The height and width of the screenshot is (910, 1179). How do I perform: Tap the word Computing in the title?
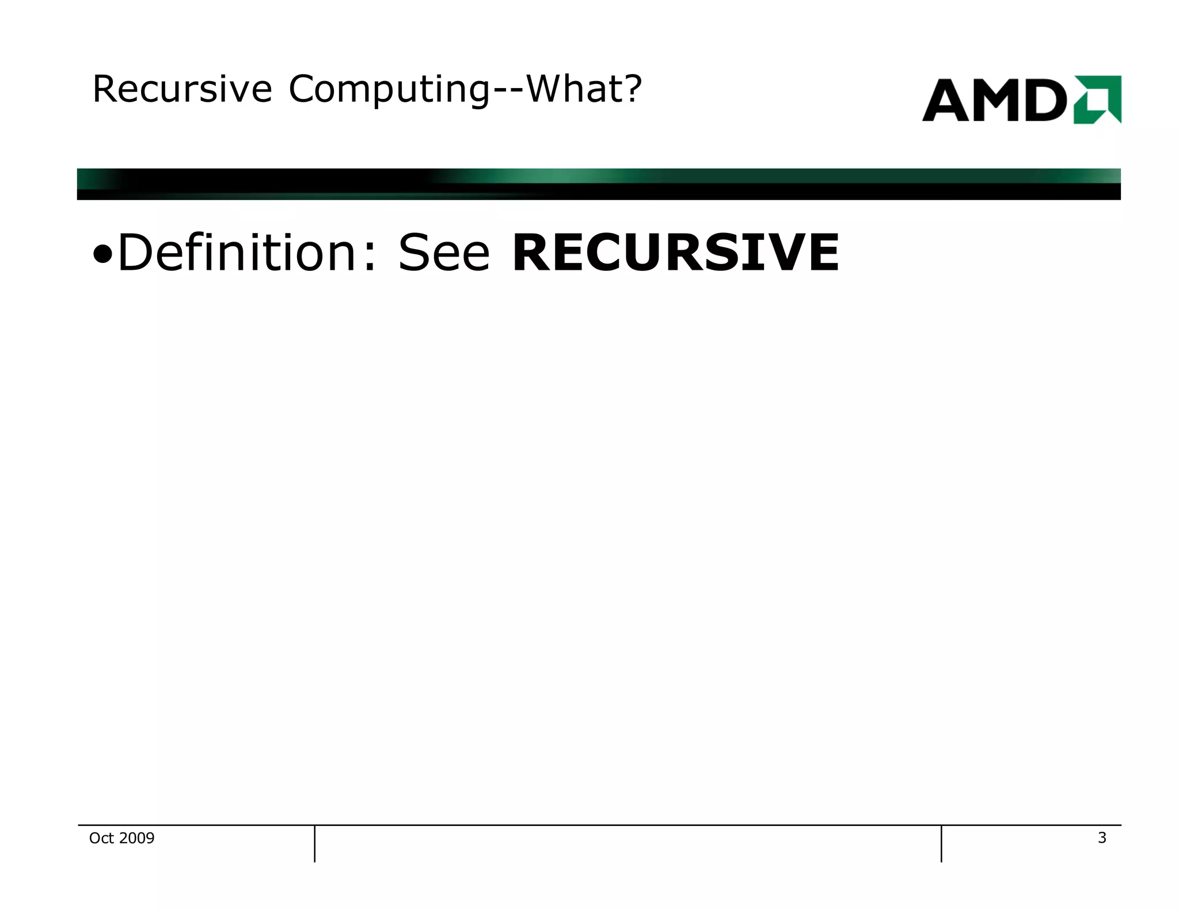click(x=389, y=90)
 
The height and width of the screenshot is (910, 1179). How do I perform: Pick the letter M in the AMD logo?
click(x=1001, y=101)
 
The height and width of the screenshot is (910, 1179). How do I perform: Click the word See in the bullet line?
click(x=444, y=253)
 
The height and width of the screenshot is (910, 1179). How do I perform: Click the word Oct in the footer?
click(x=101, y=838)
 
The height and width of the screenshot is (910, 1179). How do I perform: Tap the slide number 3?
click(x=1102, y=838)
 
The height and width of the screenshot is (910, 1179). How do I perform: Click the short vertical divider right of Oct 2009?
click(x=315, y=843)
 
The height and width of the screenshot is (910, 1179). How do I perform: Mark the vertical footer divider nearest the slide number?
click(x=941, y=843)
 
